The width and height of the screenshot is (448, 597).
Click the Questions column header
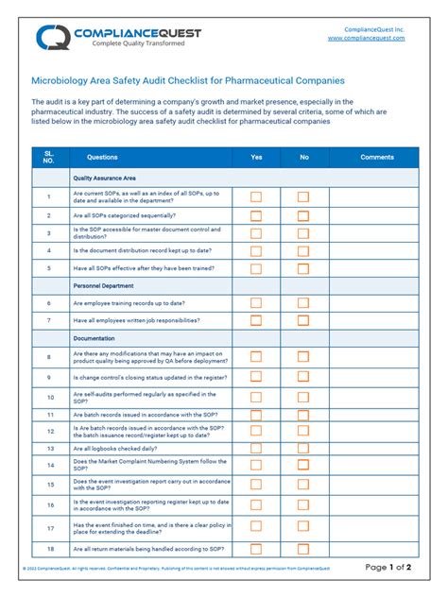tap(102, 157)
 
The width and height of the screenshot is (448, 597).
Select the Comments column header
tap(377, 157)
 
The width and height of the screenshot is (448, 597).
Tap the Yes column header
tap(256, 157)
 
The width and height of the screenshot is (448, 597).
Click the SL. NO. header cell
tap(49, 157)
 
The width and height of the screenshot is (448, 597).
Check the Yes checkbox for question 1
tap(256, 196)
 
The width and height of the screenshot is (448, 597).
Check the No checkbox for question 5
tap(303, 268)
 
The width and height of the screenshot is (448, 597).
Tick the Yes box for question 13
tap(256, 448)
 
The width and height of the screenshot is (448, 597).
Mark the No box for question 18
tap(303, 549)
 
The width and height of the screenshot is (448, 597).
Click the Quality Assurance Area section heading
tap(104, 178)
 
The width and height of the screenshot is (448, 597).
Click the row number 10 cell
tap(49, 398)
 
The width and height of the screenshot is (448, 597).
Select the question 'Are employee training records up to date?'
tap(129, 303)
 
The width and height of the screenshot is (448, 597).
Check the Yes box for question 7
tap(256, 321)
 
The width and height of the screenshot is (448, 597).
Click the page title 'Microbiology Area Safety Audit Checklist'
tap(188, 81)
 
